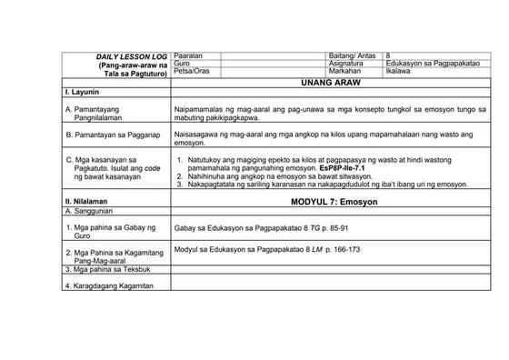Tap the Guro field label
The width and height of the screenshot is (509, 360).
click(182, 64)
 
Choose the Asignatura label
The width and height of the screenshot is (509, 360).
click(346, 64)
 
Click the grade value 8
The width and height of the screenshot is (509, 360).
click(389, 56)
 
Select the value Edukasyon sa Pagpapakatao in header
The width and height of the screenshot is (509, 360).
click(431, 64)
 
